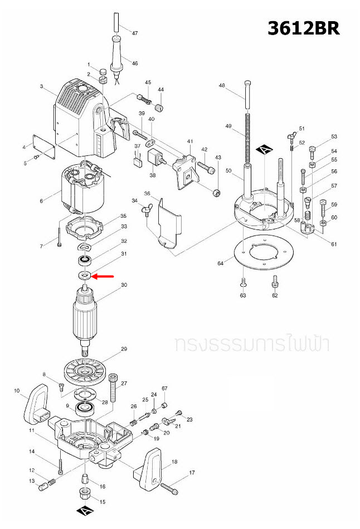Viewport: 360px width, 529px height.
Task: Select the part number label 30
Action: point(124,285)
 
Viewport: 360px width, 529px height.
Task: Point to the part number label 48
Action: point(222,86)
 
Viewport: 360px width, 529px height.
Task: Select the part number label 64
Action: point(221,263)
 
